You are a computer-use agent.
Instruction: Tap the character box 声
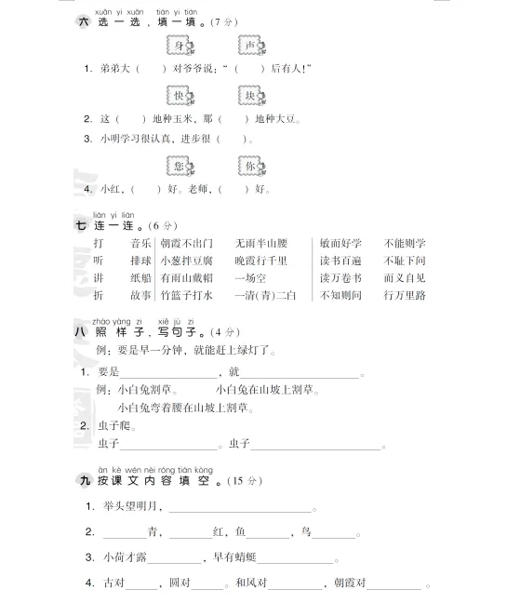coord(251,46)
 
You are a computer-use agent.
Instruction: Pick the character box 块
coord(251,96)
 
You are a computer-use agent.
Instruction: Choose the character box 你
coord(251,166)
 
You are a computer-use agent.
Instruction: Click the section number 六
coord(82,20)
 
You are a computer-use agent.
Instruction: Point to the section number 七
coord(82,225)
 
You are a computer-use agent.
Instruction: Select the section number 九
coord(82,481)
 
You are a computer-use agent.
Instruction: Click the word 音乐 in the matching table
coord(140,243)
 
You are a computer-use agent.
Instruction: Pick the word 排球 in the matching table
coord(140,261)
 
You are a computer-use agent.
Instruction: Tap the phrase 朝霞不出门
coord(186,243)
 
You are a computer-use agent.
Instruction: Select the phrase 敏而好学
coord(341,243)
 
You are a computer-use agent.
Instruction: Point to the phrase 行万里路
coord(405,296)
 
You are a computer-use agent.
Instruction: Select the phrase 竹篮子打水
coord(186,296)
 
